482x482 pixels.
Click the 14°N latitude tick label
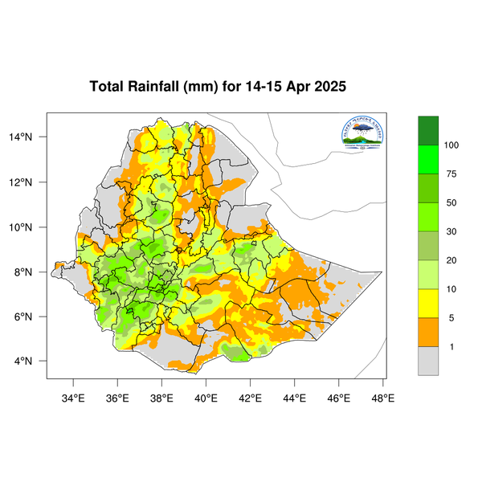coord(32,137)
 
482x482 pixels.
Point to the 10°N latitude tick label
coord(32,227)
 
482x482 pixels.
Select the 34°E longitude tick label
coord(73,397)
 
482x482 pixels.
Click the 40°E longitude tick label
coord(206,397)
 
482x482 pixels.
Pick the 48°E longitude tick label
coord(382,397)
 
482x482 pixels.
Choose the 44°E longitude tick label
coord(294,397)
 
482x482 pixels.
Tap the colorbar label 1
coord(451,347)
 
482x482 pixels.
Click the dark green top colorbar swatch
coord(428,130)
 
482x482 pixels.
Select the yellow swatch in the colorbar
coord(428,304)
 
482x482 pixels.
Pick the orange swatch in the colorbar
coord(428,333)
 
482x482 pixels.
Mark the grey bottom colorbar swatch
coord(428,361)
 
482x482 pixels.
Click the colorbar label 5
coord(451,318)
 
